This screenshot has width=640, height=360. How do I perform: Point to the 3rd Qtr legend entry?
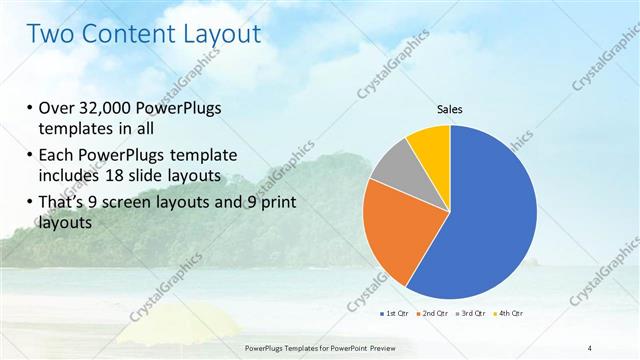point(472,313)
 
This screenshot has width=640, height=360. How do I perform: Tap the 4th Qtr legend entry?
point(510,313)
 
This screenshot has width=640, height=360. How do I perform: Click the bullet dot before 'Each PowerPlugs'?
point(30,157)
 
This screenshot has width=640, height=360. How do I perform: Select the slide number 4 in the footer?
point(590,347)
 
